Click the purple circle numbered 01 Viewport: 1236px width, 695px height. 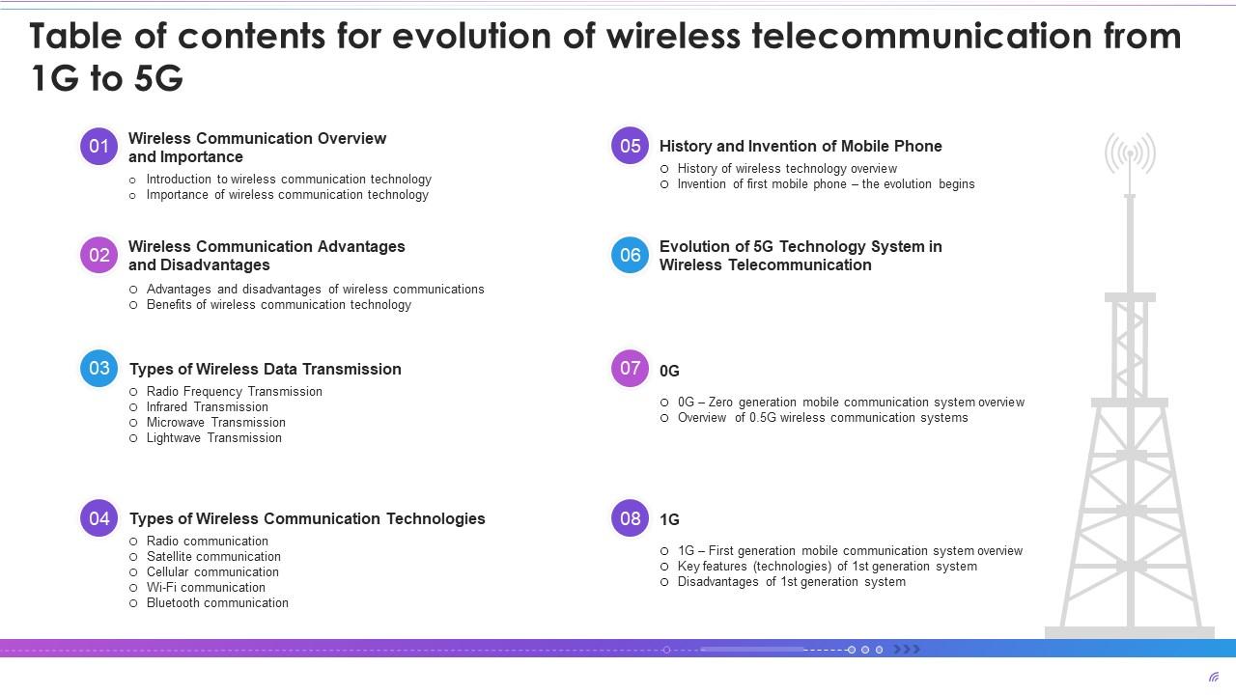[98, 147]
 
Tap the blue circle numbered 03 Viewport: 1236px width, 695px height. [98, 369]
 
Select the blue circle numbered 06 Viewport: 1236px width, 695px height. [630, 255]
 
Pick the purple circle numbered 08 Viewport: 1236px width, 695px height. [630, 518]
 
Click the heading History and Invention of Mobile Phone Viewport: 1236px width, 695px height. [800, 147]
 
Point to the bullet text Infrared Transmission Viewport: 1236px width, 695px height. [207, 407]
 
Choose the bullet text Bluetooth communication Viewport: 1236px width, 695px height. [217, 603]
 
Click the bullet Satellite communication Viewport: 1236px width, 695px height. [213, 557]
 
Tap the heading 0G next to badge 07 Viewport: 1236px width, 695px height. [669, 372]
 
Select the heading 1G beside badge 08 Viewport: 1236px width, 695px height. [669, 520]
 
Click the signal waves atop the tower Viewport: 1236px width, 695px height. [1130, 153]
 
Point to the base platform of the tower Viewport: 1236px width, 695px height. [1130, 632]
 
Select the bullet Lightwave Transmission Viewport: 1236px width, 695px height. [213, 438]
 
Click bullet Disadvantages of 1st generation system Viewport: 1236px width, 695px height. [791, 582]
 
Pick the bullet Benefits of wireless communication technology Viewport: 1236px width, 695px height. [278, 305]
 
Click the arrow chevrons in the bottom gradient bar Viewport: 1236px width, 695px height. [907, 650]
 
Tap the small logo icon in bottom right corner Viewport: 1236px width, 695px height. [1214, 677]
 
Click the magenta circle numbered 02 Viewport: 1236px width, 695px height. [98, 255]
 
